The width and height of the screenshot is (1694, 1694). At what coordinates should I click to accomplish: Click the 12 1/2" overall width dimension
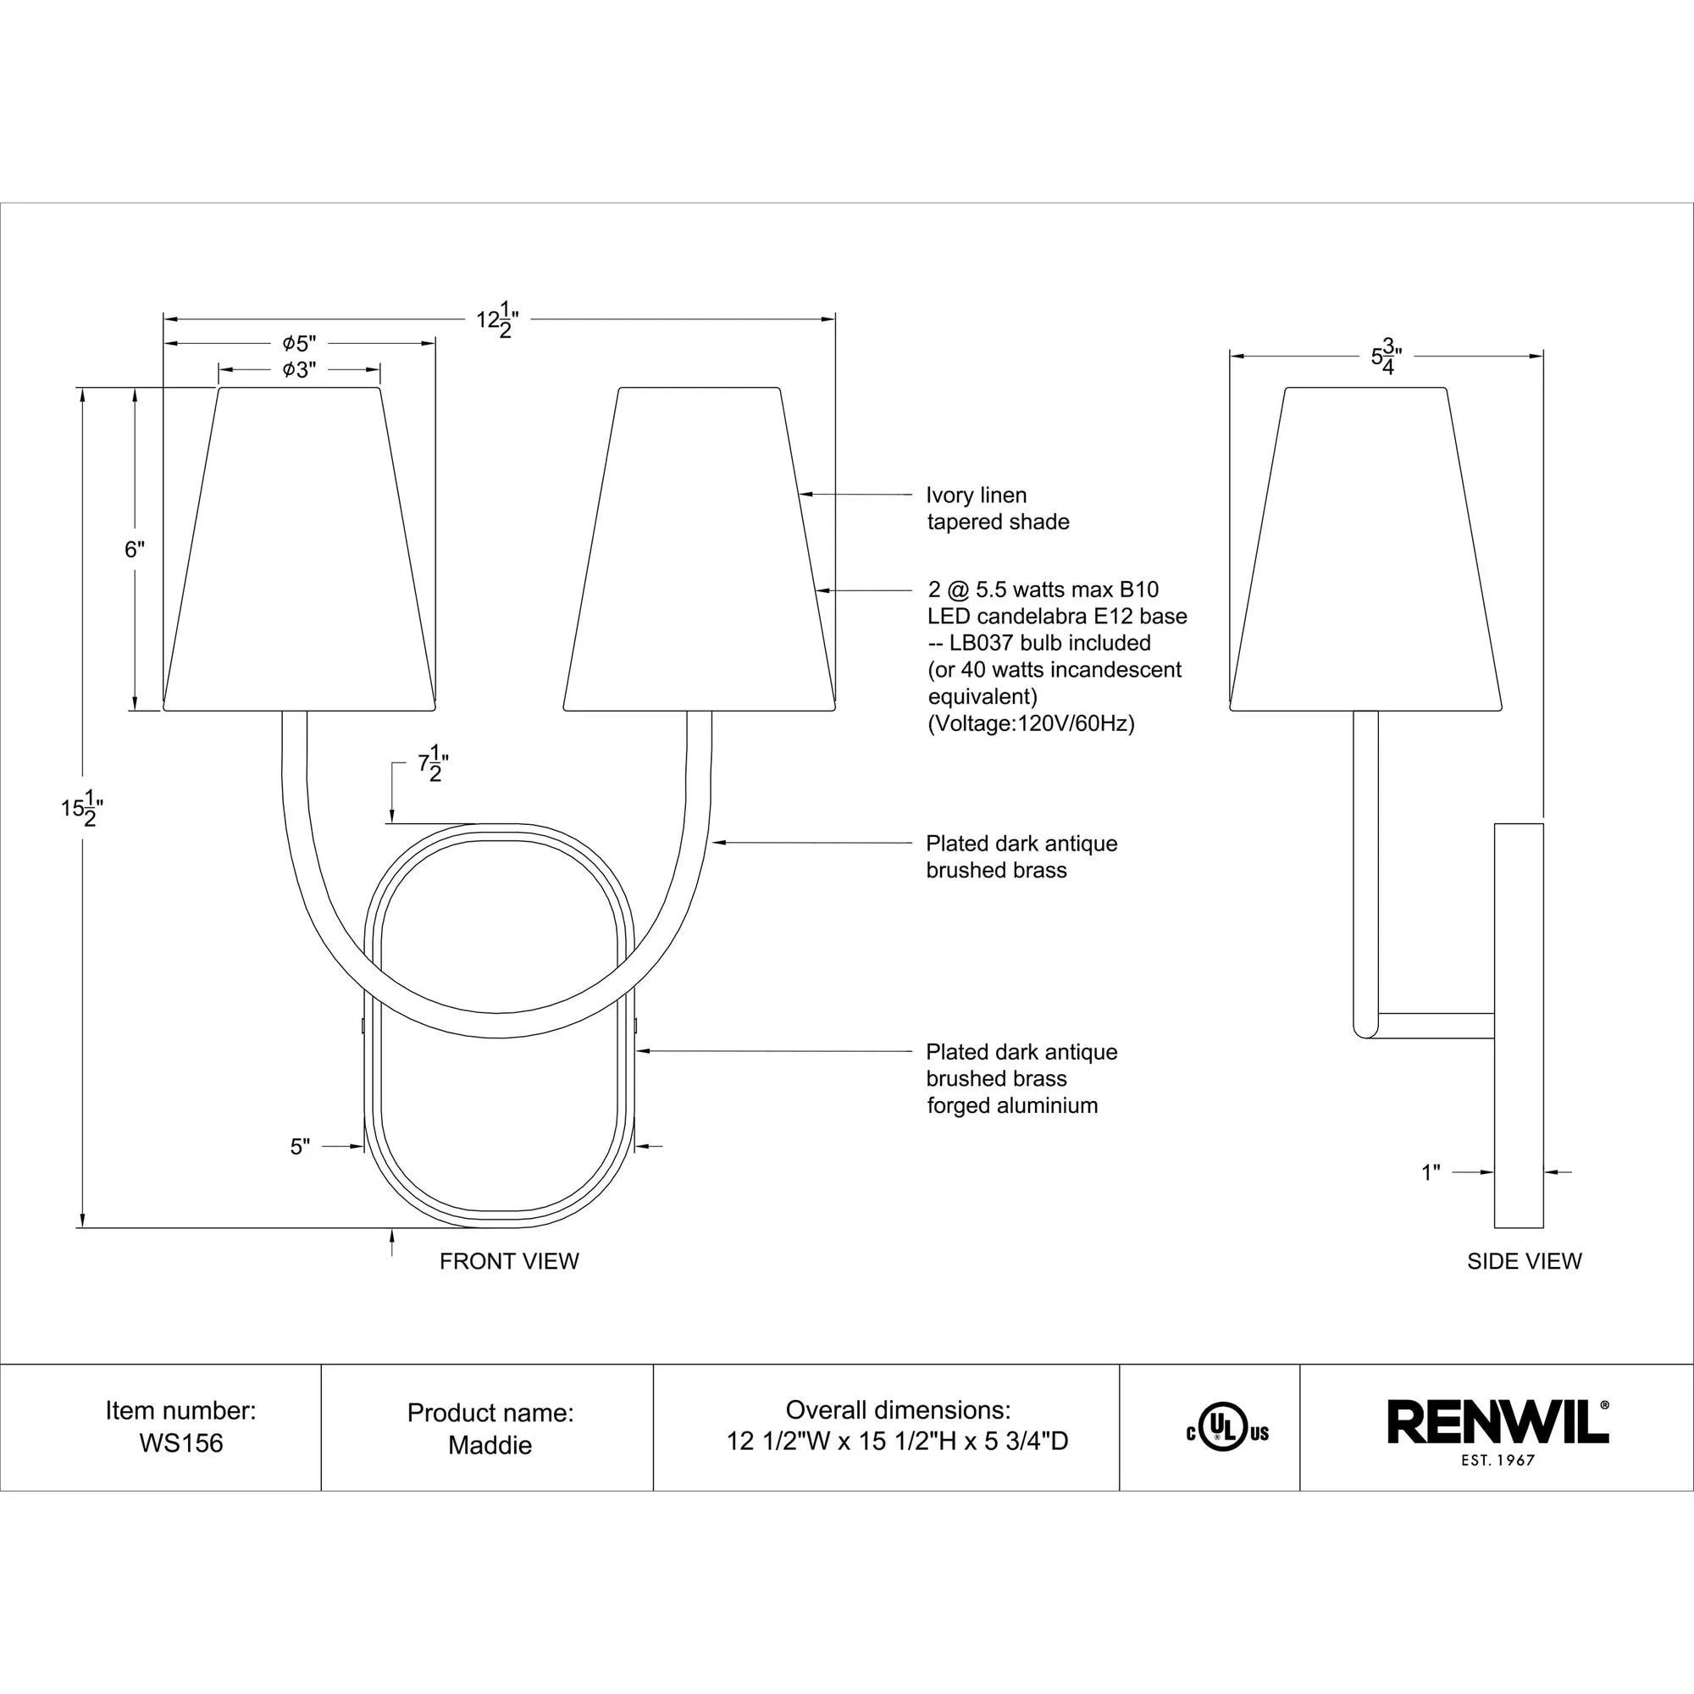click(497, 320)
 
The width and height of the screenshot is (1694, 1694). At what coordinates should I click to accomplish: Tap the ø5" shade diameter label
click(299, 344)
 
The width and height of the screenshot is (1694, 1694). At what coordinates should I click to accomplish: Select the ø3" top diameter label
click(299, 370)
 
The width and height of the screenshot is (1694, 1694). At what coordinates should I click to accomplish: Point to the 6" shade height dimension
click(134, 550)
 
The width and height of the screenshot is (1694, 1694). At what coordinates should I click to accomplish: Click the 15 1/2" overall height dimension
click(81, 807)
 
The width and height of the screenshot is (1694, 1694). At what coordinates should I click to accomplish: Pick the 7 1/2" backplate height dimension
click(432, 766)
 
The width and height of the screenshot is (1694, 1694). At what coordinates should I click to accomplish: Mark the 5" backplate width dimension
click(300, 1147)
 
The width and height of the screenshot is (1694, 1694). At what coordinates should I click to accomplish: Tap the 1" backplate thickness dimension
click(1431, 1172)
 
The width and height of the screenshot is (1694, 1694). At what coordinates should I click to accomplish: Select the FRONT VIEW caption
click(508, 1261)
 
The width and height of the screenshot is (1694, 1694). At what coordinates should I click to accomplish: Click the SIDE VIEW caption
click(1524, 1261)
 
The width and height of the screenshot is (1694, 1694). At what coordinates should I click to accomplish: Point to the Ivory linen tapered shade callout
click(997, 508)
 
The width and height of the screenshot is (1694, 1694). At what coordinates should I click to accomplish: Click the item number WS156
click(180, 1443)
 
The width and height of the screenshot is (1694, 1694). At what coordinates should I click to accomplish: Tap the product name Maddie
click(490, 1445)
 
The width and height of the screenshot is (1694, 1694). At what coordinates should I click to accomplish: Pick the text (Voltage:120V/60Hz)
click(1030, 723)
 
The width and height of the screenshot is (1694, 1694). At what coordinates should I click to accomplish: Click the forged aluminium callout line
click(1012, 1105)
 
